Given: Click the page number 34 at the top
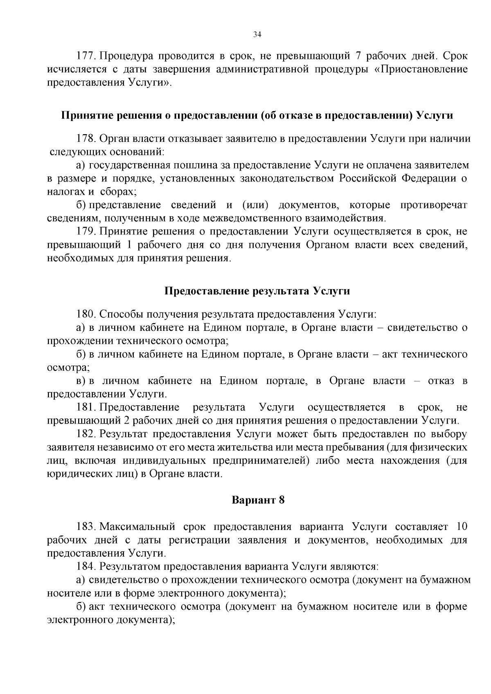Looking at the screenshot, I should (257, 34).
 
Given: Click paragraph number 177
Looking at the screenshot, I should (86, 56).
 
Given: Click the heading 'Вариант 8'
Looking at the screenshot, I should (258, 500).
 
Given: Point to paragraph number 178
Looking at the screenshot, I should (86, 139).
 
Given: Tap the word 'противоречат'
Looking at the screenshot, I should (433, 205).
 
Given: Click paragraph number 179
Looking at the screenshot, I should (86, 231).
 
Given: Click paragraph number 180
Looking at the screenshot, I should (86, 314).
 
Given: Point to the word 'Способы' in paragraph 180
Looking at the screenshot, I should (119, 314).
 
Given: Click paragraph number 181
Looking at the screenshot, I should (86, 407).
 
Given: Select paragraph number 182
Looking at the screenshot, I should (86, 434).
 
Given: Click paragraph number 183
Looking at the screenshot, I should (86, 526).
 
